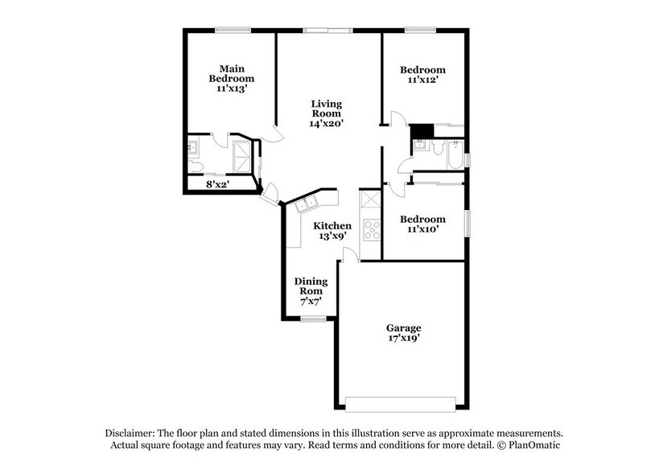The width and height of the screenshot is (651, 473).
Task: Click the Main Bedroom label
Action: (x=232, y=73)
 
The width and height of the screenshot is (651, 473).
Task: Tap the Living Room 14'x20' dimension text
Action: (x=328, y=124)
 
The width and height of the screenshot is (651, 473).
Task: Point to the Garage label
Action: (x=403, y=327)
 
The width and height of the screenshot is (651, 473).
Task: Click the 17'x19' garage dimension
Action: (x=403, y=339)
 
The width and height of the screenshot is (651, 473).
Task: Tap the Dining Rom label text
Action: (x=310, y=286)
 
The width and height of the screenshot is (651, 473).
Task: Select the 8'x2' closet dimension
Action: (x=219, y=184)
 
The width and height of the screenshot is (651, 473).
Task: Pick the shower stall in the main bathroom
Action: (x=241, y=154)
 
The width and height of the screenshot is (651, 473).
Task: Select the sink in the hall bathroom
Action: (x=418, y=147)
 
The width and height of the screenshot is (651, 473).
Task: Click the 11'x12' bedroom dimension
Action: (x=422, y=81)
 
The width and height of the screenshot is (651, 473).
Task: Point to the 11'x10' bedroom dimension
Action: (x=422, y=230)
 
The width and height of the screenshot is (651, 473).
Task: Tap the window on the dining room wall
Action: (x=314, y=319)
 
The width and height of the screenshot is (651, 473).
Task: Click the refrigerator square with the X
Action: (x=370, y=199)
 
